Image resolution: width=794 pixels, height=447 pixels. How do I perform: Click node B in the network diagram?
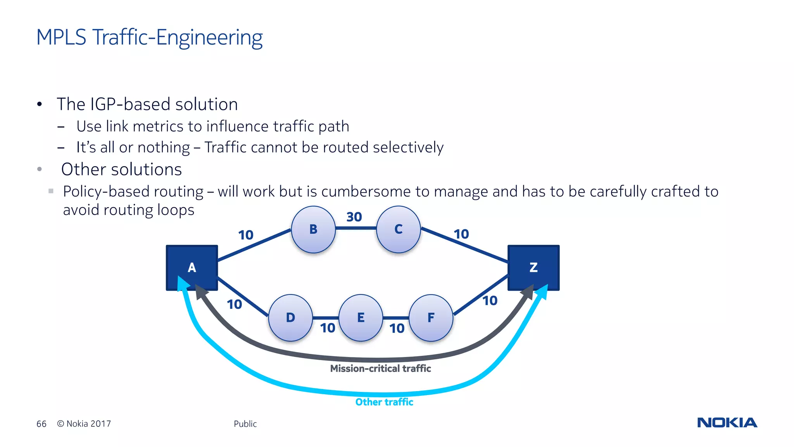click(313, 229)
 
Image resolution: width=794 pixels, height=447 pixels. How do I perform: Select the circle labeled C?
click(398, 229)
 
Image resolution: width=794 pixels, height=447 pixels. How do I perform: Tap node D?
click(290, 318)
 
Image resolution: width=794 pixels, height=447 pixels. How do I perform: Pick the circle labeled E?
click(361, 318)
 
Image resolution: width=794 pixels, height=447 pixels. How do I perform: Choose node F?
click(431, 318)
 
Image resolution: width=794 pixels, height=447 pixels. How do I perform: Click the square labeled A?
click(192, 267)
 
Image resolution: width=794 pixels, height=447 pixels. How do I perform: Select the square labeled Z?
click(533, 267)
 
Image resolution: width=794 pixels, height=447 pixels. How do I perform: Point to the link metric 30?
click(354, 217)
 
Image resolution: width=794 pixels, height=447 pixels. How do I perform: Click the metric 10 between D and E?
click(328, 328)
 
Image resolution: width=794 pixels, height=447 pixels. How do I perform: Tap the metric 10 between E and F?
click(397, 329)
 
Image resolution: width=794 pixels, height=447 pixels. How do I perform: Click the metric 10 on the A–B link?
click(245, 235)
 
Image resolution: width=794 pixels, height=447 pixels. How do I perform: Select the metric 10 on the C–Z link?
click(461, 234)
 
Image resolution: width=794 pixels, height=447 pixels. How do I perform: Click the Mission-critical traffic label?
click(380, 369)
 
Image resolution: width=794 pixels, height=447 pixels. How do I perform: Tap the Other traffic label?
click(384, 402)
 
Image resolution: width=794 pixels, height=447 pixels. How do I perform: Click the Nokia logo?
click(727, 423)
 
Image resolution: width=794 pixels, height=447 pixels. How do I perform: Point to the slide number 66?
click(41, 424)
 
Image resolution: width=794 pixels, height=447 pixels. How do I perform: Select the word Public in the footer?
click(245, 424)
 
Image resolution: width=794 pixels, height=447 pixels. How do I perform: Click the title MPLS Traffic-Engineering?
click(149, 38)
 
